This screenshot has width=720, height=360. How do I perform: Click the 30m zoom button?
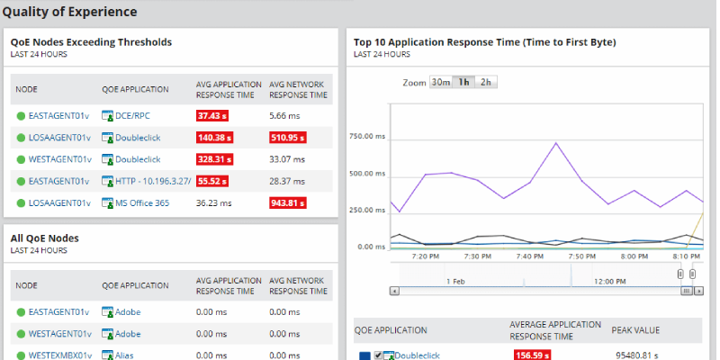tap(440, 82)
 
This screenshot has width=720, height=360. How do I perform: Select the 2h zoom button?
tap(486, 82)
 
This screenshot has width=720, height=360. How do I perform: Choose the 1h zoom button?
tap(463, 82)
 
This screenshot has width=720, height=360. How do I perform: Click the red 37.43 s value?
tap(215, 116)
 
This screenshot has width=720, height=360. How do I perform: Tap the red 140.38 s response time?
tap(217, 138)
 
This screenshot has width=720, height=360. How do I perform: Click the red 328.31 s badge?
tap(217, 159)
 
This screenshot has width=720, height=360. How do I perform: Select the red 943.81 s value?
tap(288, 202)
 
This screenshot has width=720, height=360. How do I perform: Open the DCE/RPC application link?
tap(132, 116)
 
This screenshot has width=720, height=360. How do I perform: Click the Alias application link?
tap(124, 355)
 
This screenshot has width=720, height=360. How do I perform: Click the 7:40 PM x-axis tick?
tap(530, 256)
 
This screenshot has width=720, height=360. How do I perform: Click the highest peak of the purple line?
tap(556, 143)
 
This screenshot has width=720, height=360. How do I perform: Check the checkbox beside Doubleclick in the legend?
tap(379, 355)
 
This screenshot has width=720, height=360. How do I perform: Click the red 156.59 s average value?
tap(532, 355)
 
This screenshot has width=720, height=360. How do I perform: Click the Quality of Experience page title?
tap(70, 12)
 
